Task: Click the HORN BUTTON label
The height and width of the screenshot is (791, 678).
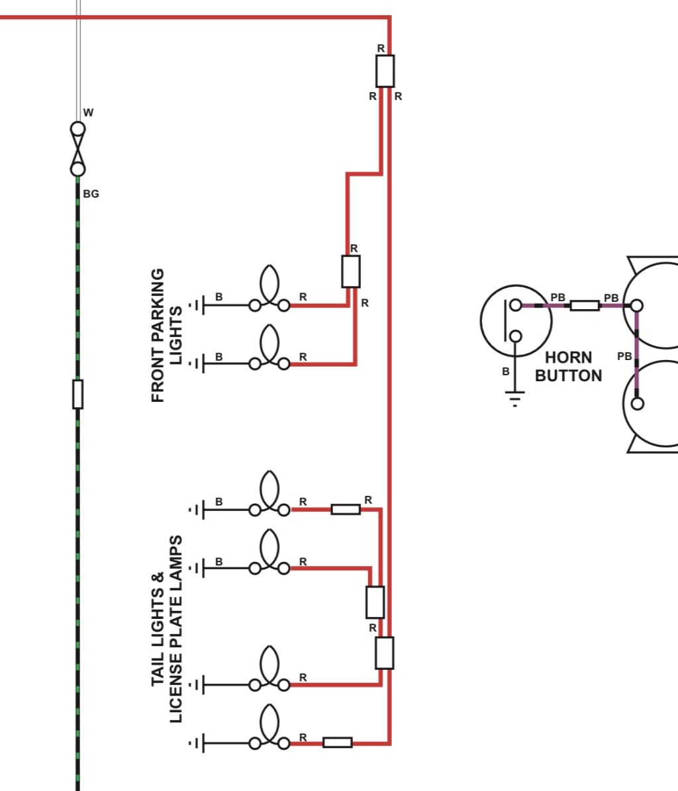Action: pos(569,366)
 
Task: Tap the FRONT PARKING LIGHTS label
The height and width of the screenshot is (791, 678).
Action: pos(166,335)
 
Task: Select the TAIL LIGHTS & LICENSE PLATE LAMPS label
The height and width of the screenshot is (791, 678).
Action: pos(166,629)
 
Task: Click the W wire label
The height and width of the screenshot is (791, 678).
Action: pos(88,113)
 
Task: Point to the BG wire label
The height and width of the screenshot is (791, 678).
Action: pos(91,194)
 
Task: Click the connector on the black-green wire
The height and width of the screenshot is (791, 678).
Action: pos(77,394)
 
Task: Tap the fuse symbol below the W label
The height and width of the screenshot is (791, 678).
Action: pos(77,149)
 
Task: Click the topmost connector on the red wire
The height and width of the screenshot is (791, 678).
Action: pos(385,71)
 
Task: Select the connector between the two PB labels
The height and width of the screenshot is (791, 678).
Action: pos(585,305)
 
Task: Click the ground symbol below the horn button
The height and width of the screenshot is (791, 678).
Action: pos(514,398)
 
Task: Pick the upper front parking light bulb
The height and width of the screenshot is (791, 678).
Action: pos(269,289)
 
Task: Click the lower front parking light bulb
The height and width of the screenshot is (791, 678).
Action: pos(269,348)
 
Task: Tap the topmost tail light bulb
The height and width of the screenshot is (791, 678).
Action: pos(269,493)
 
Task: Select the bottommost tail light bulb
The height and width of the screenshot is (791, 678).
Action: pos(269,727)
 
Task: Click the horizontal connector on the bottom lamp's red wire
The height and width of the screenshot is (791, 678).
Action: pos(338,743)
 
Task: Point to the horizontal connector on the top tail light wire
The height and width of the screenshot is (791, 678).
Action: pos(346,510)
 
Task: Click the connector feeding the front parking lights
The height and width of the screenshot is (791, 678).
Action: pos(351,271)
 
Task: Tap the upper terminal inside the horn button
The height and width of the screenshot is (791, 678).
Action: pos(516,304)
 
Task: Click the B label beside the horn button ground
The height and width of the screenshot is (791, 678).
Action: pos(505,371)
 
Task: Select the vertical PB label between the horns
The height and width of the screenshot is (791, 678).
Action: pos(624,356)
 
